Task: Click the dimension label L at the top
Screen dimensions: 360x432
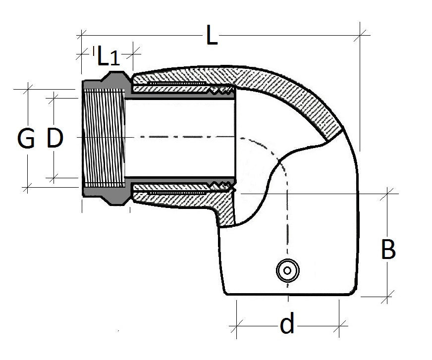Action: pyautogui.click(x=212, y=37)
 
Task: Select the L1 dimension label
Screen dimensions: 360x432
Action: pyautogui.click(x=108, y=56)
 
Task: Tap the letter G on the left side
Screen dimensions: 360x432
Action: pyautogui.click(x=26, y=139)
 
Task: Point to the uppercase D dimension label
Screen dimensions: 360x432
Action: pyautogui.click(x=54, y=138)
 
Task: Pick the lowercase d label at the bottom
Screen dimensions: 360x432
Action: pyautogui.click(x=287, y=325)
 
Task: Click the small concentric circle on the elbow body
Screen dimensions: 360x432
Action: pyautogui.click(x=286, y=271)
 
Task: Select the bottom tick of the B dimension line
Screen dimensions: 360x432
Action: pyautogui.click(x=388, y=297)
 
